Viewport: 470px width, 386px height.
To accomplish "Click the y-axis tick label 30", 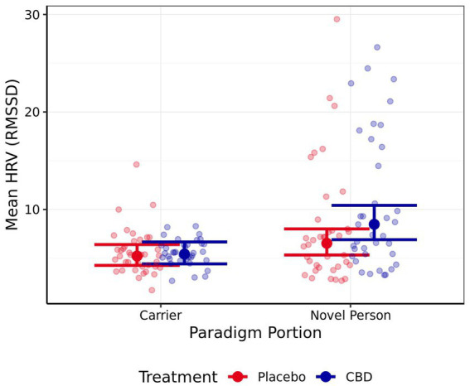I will [33, 15].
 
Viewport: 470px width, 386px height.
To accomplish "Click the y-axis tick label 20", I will [33, 112].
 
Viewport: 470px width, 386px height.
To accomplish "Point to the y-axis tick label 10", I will [33, 210].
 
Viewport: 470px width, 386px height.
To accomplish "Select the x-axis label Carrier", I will [161, 316].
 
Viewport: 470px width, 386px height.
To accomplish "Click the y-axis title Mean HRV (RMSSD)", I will [14, 154].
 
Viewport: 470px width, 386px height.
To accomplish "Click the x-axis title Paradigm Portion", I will [255, 333].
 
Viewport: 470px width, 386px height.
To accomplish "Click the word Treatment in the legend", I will [178, 376].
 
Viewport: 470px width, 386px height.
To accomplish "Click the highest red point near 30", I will [337, 19].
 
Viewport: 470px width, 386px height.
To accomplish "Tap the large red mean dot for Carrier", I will [138, 256].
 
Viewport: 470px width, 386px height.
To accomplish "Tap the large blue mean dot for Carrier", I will [185, 253].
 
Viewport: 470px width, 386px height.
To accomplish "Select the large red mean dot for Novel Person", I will [327, 243].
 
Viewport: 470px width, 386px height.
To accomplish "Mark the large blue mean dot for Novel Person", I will [374, 224].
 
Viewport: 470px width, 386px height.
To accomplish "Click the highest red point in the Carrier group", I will [137, 164].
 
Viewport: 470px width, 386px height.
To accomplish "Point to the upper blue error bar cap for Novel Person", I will [374, 205].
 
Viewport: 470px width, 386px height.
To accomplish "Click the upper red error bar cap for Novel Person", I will [327, 229].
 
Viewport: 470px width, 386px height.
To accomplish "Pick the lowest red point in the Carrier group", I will [152, 290].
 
